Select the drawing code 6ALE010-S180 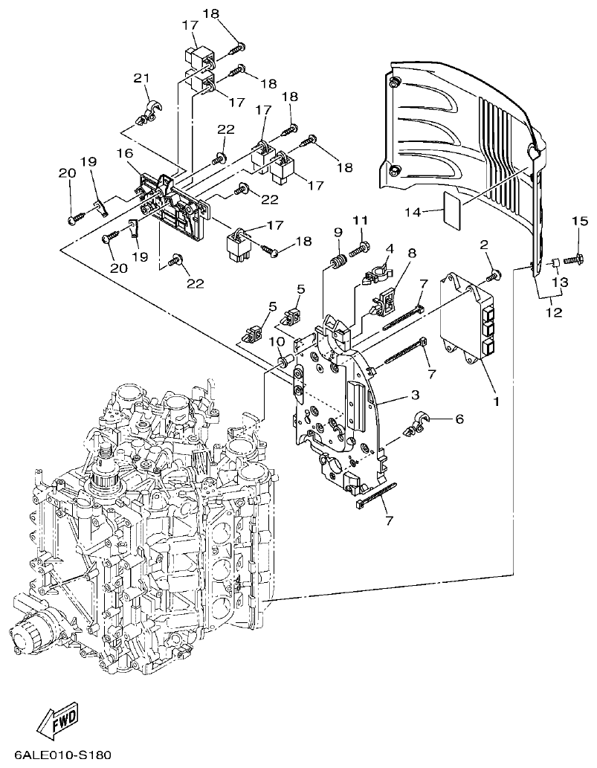62,755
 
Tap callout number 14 413,213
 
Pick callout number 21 141,79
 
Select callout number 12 553,313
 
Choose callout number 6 459,419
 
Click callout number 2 483,245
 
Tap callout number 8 412,254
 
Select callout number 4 388,248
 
